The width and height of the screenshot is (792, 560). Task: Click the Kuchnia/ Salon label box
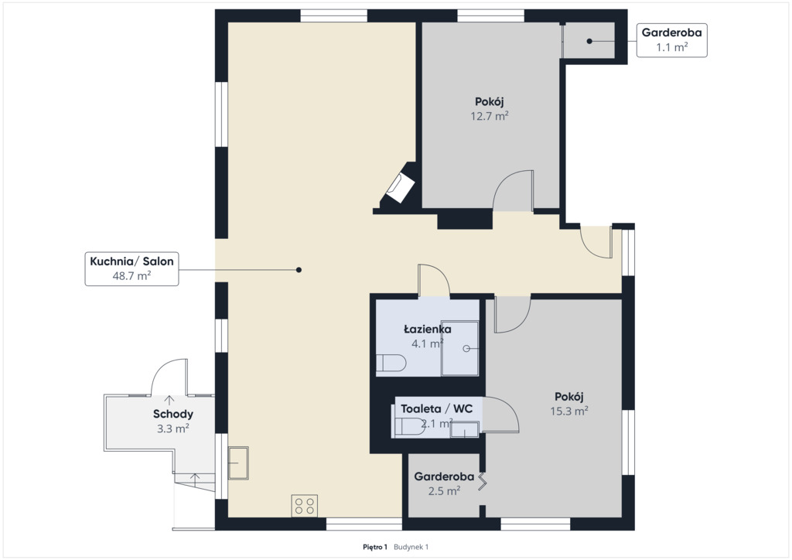click(131, 268)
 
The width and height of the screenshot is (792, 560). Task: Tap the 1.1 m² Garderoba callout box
click(671, 40)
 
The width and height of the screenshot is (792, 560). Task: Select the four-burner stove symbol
click(304, 505)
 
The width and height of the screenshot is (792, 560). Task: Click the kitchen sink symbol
click(238, 463)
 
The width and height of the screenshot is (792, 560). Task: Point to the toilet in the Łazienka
click(391, 363)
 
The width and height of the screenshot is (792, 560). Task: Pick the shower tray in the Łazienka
click(459, 348)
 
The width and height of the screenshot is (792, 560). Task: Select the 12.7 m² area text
click(490, 116)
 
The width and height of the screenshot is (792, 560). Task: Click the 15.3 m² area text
click(568, 411)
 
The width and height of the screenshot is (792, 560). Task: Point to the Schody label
click(172, 414)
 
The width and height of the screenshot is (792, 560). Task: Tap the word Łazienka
click(427, 330)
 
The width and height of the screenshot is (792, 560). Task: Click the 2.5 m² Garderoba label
click(444, 483)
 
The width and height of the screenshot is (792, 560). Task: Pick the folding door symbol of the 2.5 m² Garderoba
click(483, 481)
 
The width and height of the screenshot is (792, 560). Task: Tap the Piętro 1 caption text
click(375, 547)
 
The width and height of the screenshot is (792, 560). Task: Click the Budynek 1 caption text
click(411, 547)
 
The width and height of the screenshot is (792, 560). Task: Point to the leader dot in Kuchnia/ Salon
click(299, 270)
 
